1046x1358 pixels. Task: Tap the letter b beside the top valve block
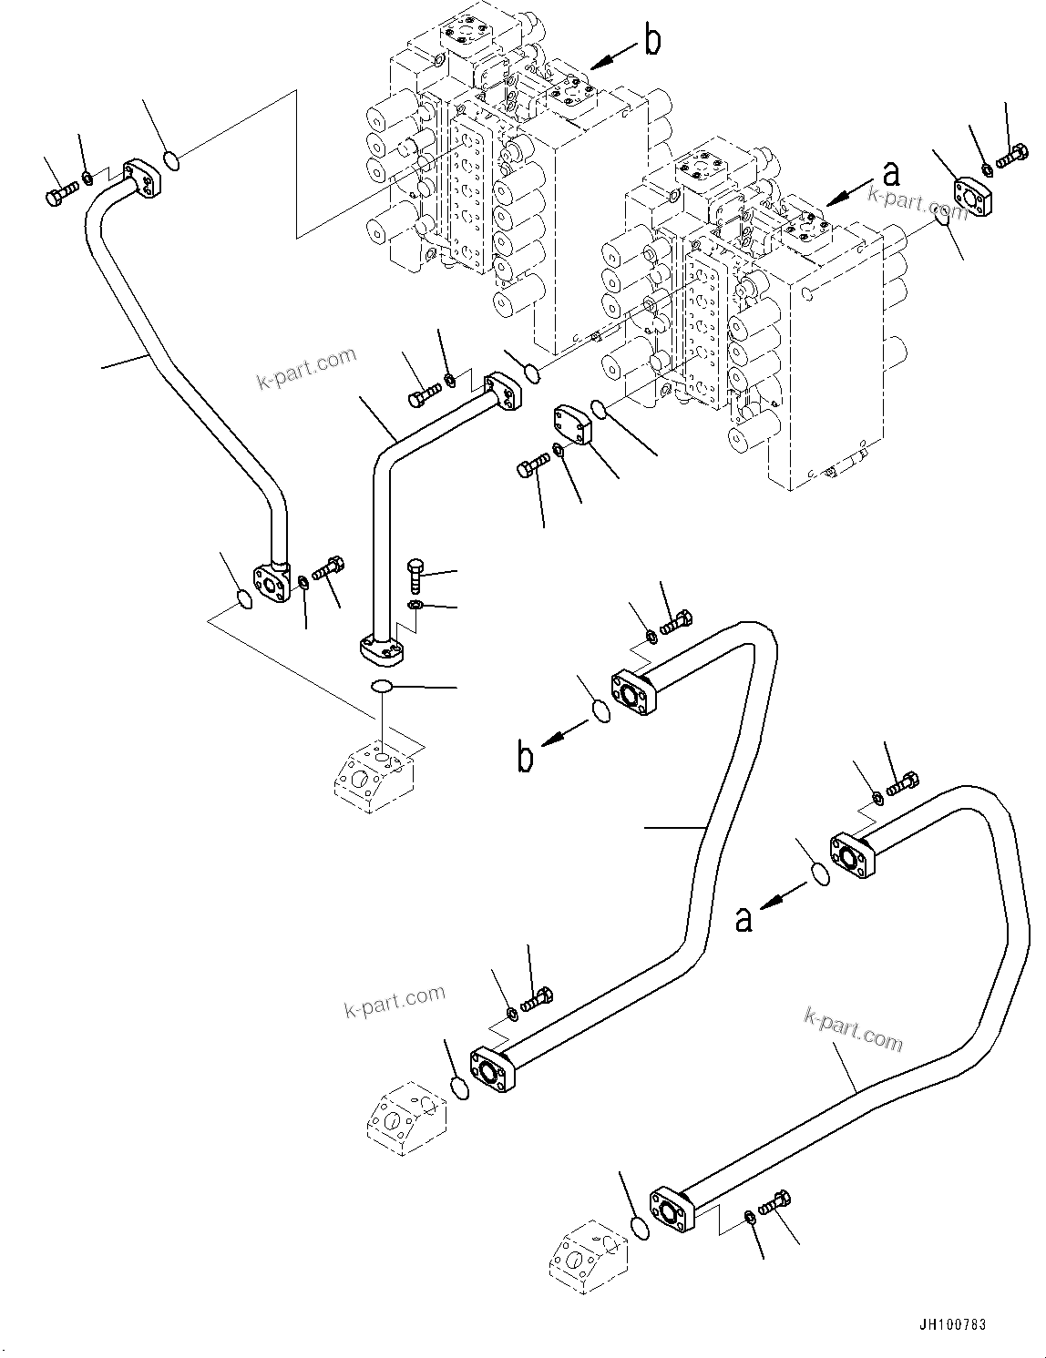pyautogui.click(x=652, y=41)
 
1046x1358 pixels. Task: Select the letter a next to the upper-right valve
pyautogui.click(x=890, y=174)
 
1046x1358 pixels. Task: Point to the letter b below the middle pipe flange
pyautogui.click(x=526, y=757)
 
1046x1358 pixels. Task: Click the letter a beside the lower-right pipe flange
pyautogui.click(x=744, y=919)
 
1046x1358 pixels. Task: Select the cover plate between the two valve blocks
pyautogui.click(x=571, y=425)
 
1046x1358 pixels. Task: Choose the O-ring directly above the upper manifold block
pyautogui.click(x=383, y=686)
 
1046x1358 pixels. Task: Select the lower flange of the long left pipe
pyautogui.click(x=272, y=580)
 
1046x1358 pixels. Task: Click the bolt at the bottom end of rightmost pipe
pyautogui.click(x=775, y=1202)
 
